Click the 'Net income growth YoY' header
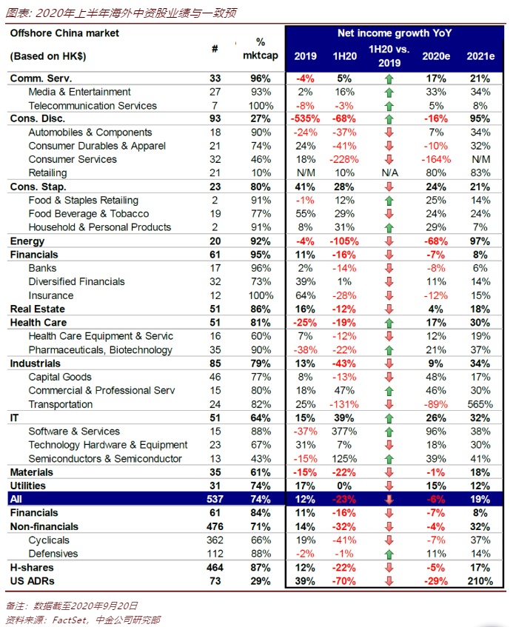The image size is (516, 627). click(x=394, y=33)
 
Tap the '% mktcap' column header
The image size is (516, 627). click(x=261, y=49)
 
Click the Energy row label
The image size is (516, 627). click(x=27, y=241)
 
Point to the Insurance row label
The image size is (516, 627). click(x=51, y=295)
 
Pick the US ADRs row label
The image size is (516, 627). click(x=32, y=581)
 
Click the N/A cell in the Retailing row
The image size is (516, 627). click(x=389, y=173)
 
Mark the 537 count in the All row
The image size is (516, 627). click(x=215, y=499)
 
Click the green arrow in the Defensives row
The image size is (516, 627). click(x=389, y=554)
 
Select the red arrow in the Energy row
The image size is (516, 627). click(x=389, y=241)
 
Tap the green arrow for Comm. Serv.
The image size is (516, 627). click(x=389, y=78)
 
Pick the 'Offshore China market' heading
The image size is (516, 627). click(x=64, y=33)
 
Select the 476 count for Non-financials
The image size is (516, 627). click(x=215, y=526)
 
